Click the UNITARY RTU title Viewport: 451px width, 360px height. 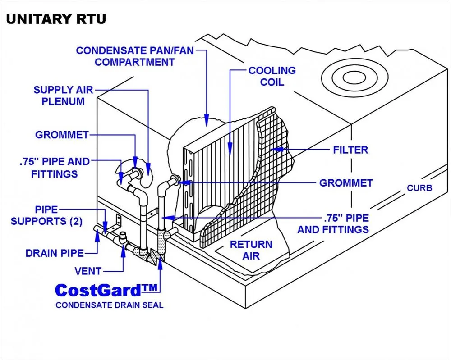point(56,19)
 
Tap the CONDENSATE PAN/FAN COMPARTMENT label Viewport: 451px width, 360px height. point(134,56)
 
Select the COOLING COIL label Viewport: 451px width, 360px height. point(272,76)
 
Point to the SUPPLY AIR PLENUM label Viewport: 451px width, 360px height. point(63,95)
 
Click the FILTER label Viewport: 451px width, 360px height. point(350,150)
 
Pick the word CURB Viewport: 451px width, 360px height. point(419,187)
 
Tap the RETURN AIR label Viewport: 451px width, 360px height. point(251,250)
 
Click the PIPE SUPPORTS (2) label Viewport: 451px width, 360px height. point(46,215)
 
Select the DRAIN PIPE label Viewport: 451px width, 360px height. point(55,253)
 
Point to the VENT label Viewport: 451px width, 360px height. point(89,271)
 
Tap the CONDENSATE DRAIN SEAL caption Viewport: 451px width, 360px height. point(109,305)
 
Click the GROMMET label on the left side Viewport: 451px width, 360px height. point(62,135)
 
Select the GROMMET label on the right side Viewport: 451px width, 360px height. point(346,183)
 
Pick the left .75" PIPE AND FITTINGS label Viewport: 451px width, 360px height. point(55,167)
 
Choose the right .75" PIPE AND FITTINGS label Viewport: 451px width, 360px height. point(333,223)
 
